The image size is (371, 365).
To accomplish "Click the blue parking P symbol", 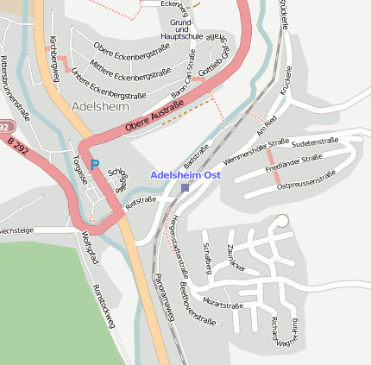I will click(x=95, y=164).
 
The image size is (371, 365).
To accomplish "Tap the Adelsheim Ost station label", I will click(x=187, y=174).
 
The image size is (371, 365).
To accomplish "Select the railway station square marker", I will click(x=185, y=187).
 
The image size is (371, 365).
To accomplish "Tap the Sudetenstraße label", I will click(x=315, y=140).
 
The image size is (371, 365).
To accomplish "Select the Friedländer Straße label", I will click(x=294, y=159).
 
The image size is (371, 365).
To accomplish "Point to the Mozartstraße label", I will click(x=222, y=305).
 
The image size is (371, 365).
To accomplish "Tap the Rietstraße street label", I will click(x=141, y=204).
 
